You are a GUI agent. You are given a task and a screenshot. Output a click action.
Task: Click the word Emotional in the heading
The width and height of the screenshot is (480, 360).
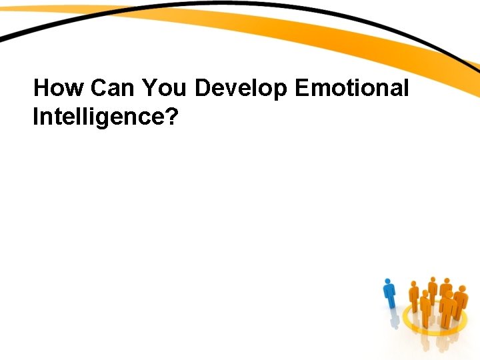tap(351, 88)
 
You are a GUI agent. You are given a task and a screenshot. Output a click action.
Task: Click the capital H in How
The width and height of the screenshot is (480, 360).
tap(41, 88)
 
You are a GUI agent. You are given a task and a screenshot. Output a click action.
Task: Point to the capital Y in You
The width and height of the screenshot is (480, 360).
tap(149, 88)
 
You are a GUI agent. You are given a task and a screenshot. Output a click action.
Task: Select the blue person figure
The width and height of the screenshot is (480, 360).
tap(390, 294)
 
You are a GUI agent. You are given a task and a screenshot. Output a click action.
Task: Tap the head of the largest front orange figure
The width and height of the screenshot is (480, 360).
tap(449, 294)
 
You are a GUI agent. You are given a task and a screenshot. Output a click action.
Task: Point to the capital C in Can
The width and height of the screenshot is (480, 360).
tap(99, 88)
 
